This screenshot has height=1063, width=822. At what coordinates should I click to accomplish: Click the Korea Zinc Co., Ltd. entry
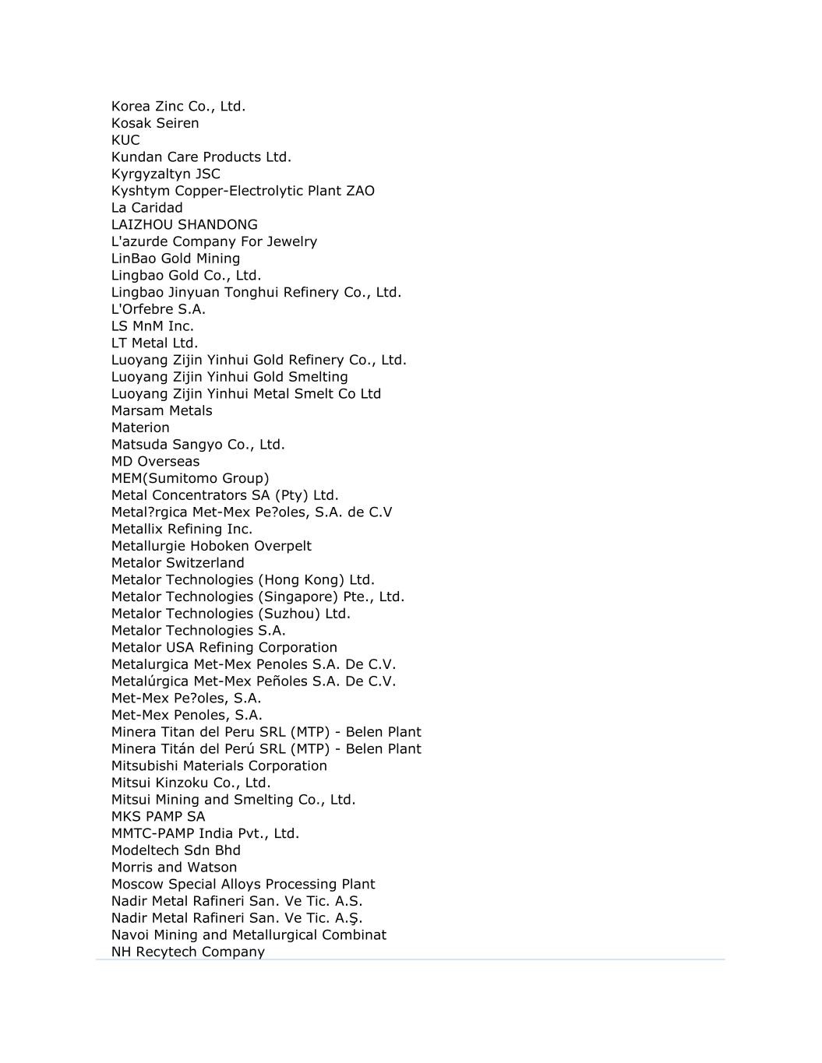(178, 106)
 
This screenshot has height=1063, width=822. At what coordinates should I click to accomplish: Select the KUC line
(125, 140)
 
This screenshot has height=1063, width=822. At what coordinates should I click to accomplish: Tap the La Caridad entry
(147, 208)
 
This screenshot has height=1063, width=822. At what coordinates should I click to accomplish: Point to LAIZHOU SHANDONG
(185, 224)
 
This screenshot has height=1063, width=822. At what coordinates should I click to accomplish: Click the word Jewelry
(292, 241)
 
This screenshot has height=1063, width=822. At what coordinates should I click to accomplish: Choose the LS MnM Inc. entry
(153, 326)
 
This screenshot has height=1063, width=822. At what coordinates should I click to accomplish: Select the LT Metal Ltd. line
(154, 343)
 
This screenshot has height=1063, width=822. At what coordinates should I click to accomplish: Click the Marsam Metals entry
(161, 410)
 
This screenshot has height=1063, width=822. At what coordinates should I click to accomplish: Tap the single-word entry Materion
(140, 428)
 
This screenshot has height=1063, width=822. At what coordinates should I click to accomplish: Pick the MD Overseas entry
(155, 461)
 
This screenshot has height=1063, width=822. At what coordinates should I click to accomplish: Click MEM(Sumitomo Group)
(190, 478)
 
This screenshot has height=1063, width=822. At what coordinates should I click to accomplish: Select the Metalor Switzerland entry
(178, 563)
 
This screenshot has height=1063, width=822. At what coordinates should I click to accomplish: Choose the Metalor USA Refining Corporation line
(224, 647)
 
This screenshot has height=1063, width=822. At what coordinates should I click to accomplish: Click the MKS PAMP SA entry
(158, 816)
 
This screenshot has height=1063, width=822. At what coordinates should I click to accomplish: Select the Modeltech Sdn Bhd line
(176, 850)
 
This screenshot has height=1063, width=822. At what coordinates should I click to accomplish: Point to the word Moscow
(138, 884)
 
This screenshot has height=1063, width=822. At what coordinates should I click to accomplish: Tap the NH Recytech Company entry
(188, 952)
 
